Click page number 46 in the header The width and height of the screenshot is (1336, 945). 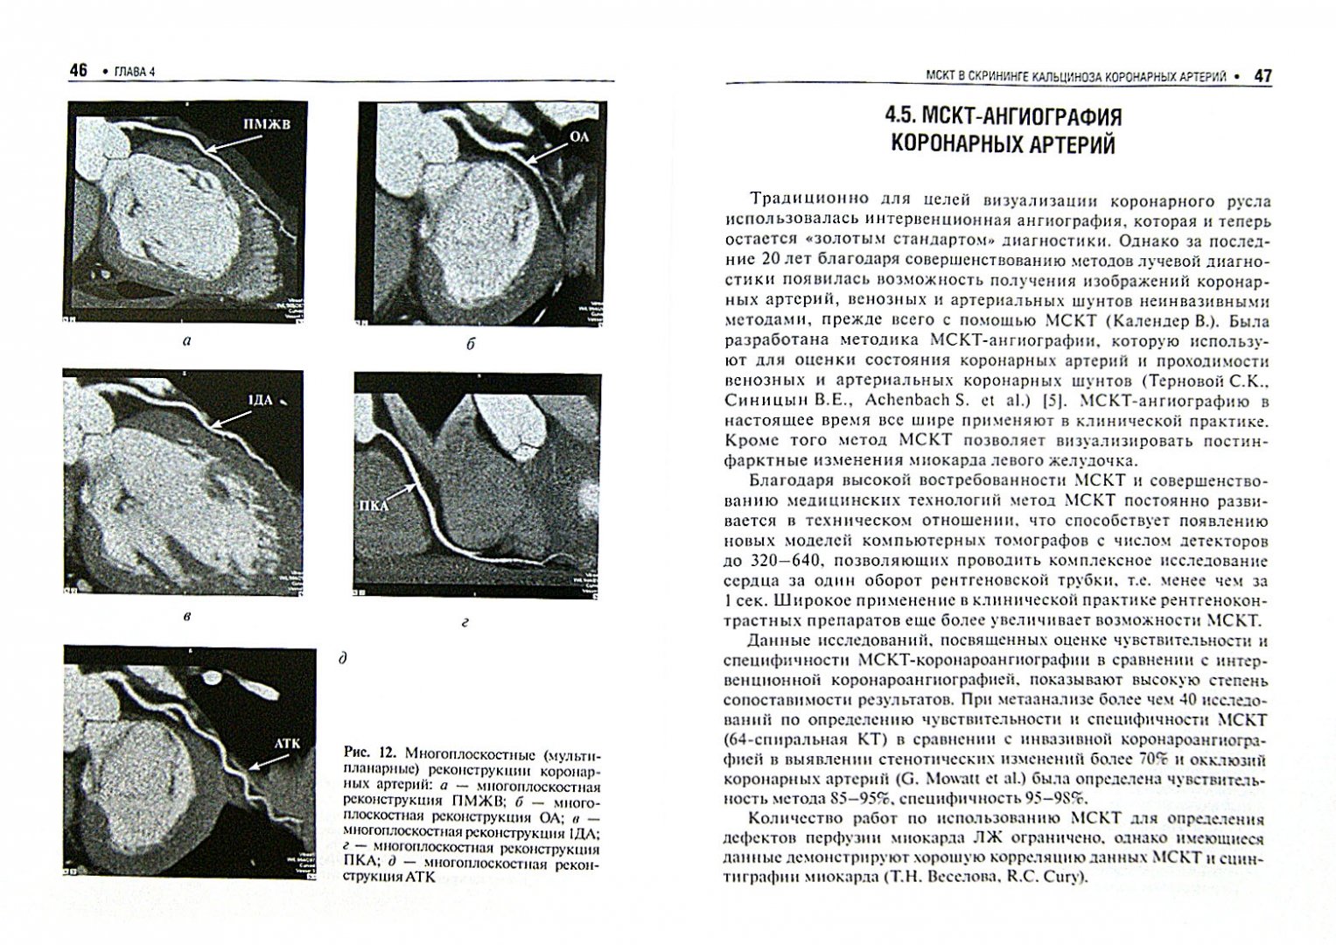click(79, 72)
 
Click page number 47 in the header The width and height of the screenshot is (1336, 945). click(1263, 76)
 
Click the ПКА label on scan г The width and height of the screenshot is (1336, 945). click(373, 505)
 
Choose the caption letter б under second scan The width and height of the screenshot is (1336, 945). click(471, 344)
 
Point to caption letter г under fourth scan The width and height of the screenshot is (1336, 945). click(465, 623)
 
